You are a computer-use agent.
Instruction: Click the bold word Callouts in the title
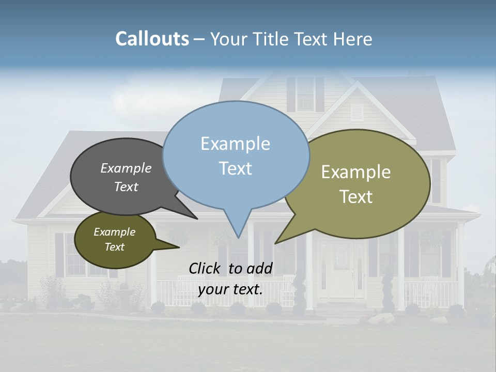click(x=152, y=39)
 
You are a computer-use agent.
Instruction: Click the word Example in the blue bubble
click(x=235, y=144)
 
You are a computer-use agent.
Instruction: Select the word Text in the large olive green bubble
click(x=356, y=196)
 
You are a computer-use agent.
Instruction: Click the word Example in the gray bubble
click(x=126, y=168)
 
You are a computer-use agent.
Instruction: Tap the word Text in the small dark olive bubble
click(x=115, y=247)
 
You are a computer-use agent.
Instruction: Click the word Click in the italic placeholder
click(x=206, y=268)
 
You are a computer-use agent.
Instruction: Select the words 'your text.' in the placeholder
click(x=230, y=289)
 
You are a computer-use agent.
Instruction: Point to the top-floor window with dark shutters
click(x=305, y=94)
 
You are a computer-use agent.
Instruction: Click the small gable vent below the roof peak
click(x=357, y=112)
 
